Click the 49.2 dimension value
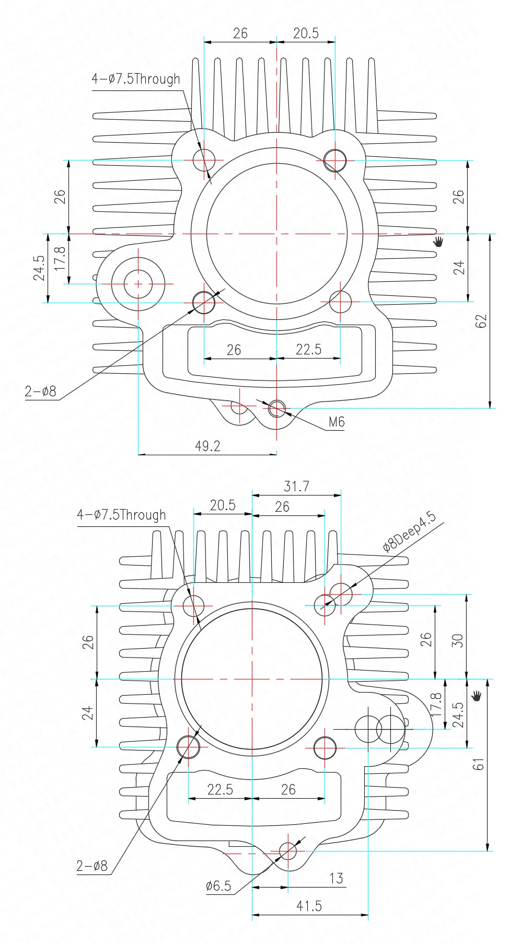pyautogui.click(x=207, y=446)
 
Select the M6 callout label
pyautogui.click(x=337, y=422)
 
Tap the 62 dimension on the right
pyautogui.click(x=481, y=321)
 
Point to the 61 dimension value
pyautogui.click(x=479, y=764)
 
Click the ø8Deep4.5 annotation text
pyautogui.click(x=409, y=532)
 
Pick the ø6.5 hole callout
pyautogui.click(x=218, y=886)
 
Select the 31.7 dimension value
pyautogui.click(x=296, y=486)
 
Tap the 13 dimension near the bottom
pyautogui.click(x=336, y=878)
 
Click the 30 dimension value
pyautogui.click(x=457, y=641)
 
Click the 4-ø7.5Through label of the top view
pyautogui.click(x=136, y=79)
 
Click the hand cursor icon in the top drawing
pyautogui.click(x=438, y=241)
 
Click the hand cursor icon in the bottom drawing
pyautogui.click(x=476, y=696)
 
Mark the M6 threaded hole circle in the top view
pyautogui.click(x=277, y=409)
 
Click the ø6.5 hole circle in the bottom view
pyautogui.click(x=287, y=851)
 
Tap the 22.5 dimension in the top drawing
pyautogui.click(x=308, y=349)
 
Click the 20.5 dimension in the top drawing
pyautogui.click(x=306, y=33)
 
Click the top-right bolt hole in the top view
pyautogui.click(x=335, y=160)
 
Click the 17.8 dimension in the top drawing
pyautogui.click(x=60, y=258)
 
